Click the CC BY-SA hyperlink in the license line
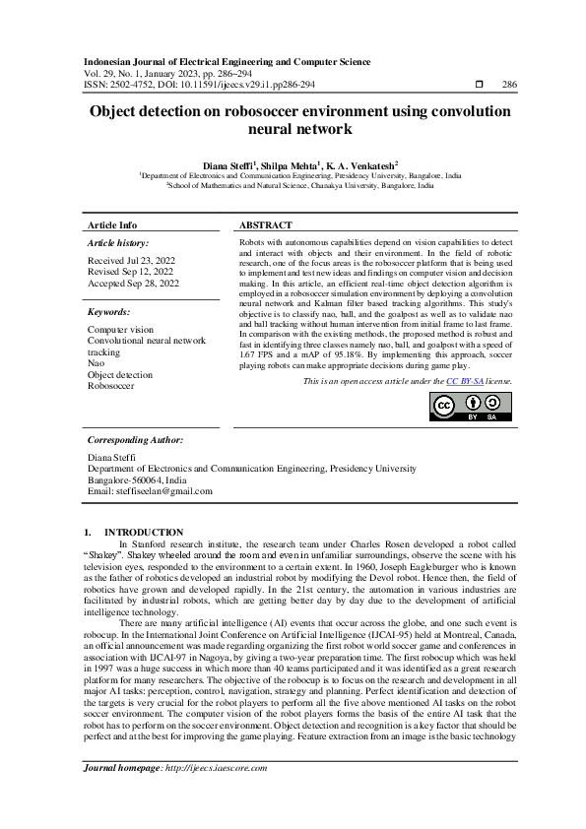coord(464,381)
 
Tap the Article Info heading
coord(112,225)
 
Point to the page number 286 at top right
coord(509,86)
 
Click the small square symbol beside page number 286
coord(479,86)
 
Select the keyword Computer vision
coord(120,329)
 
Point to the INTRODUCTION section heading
coord(144,532)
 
